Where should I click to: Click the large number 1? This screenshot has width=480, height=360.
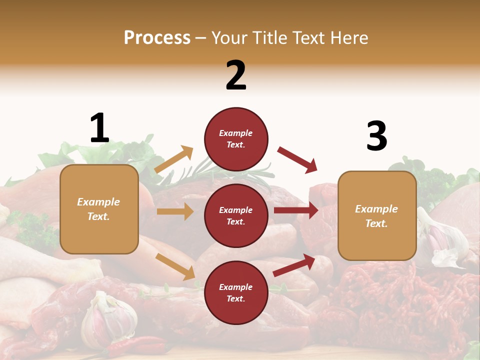point(99,128)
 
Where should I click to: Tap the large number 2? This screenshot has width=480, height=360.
point(236,75)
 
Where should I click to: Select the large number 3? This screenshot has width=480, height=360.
point(376,136)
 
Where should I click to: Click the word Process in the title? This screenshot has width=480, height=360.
point(157,37)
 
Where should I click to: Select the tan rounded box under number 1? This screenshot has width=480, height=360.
point(99,209)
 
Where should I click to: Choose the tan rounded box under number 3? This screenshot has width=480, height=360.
point(377,215)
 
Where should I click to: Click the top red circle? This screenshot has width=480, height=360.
point(236,139)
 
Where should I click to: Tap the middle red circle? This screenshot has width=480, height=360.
point(236,215)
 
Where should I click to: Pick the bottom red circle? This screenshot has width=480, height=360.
point(236,292)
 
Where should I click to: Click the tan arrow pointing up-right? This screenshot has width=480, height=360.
point(174,159)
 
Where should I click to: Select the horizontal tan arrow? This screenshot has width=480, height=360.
point(175,211)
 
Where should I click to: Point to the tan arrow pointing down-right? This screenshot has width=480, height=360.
point(175,266)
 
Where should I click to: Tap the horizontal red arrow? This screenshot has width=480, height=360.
point(296,210)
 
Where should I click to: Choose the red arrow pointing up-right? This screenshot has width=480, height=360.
point(294,265)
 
